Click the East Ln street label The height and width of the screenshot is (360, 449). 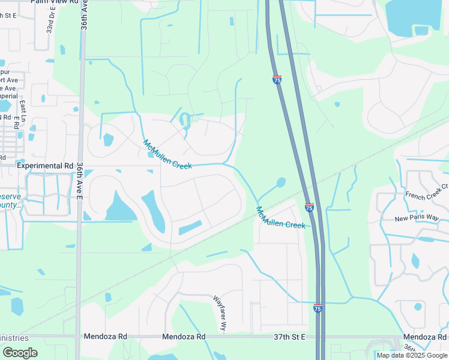point(22,109)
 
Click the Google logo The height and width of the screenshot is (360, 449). point(20,352)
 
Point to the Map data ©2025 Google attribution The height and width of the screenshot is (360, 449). point(412,355)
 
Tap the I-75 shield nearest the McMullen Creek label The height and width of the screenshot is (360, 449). point(309,208)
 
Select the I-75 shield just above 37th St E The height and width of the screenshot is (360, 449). point(318,308)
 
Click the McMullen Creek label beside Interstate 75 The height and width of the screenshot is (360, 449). point(280,218)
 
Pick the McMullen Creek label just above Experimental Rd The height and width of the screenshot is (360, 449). point(167,154)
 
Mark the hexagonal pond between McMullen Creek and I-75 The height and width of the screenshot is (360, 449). point(280,182)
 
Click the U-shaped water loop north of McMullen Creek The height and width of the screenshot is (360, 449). point(185,121)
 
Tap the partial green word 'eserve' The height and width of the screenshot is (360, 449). point(10,197)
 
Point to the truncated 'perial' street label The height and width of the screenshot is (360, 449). point(8,96)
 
